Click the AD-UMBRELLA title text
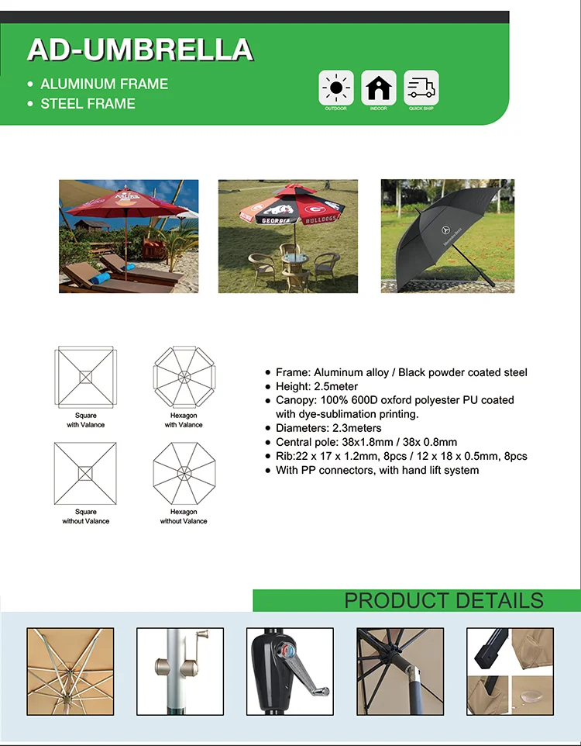[x=139, y=50]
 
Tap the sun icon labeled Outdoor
[x=336, y=88]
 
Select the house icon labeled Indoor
[x=378, y=88]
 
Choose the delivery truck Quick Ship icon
[x=421, y=88]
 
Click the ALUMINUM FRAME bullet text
[x=104, y=84]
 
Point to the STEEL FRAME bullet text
[x=88, y=103]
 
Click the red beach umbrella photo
[x=129, y=237]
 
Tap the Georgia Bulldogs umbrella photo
[x=288, y=237]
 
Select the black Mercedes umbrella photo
[x=447, y=237]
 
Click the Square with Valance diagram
[x=85, y=377]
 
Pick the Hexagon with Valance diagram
[x=184, y=377]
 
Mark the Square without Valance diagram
[x=85, y=473]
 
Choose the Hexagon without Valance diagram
[x=184, y=473]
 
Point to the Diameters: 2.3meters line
[x=328, y=428]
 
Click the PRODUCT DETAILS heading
[x=444, y=600]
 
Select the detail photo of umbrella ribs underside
[x=70, y=671]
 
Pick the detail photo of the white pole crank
[x=180, y=671]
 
